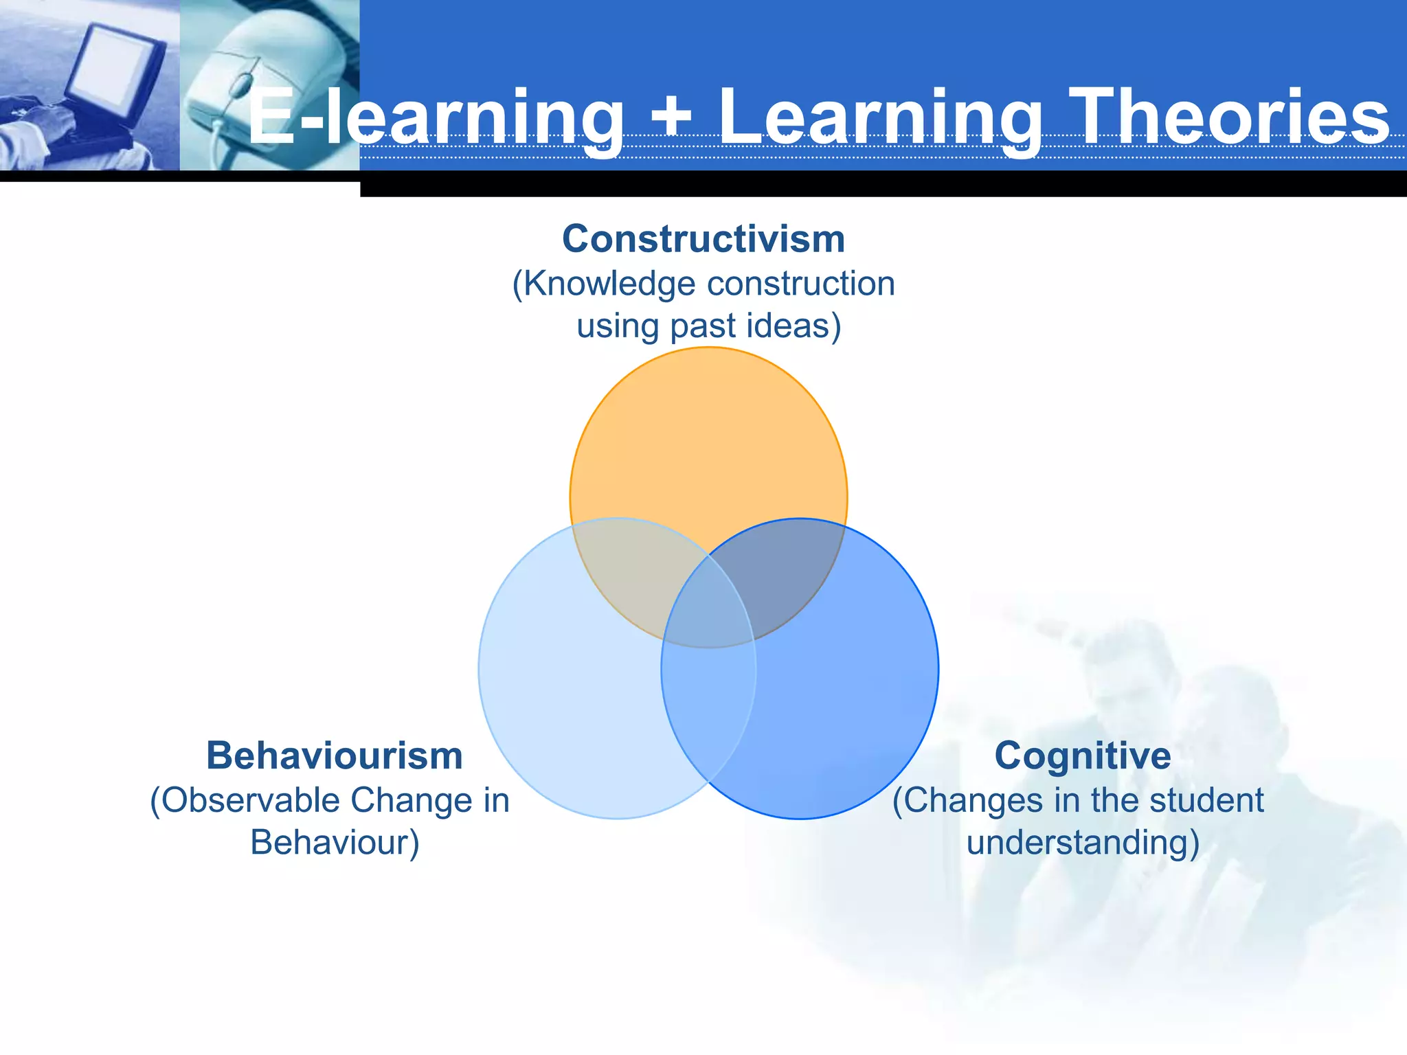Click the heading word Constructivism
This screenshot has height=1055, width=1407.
[x=703, y=239]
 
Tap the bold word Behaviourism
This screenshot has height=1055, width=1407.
[x=335, y=756]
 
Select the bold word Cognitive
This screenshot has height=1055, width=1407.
[x=1083, y=756]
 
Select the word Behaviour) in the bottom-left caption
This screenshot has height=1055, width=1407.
[x=335, y=842]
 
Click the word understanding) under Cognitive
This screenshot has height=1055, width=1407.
[x=1083, y=842]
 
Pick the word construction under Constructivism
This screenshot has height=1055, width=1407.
[x=801, y=284]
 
